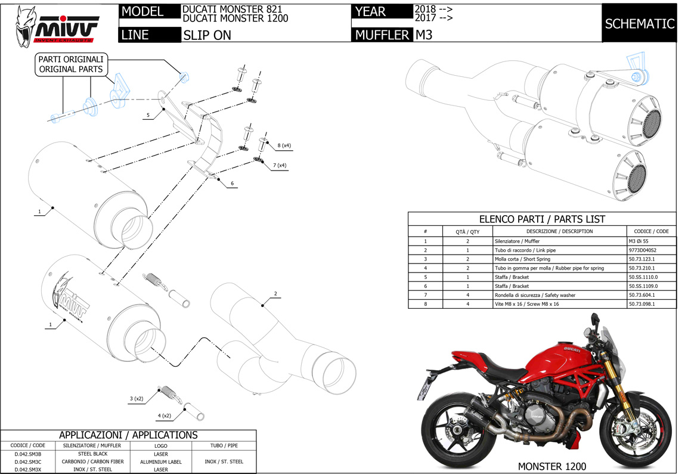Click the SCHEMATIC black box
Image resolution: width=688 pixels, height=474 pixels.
[x=640, y=24]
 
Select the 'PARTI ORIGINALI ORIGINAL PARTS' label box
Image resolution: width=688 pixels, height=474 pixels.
[x=71, y=64]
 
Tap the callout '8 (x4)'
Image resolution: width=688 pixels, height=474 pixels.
[x=283, y=145]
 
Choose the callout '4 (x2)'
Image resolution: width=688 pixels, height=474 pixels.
[x=165, y=415]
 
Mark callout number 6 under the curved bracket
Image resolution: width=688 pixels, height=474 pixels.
[x=232, y=183]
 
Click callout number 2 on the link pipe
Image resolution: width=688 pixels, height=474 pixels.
[x=275, y=293]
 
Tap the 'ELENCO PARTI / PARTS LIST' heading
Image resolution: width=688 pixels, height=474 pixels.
[x=542, y=219]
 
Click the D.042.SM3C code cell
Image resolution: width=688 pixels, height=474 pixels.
[x=28, y=461]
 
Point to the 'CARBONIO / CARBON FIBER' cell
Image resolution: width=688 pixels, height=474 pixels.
[x=92, y=461]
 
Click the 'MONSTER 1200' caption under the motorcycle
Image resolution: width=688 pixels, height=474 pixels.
[x=551, y=466]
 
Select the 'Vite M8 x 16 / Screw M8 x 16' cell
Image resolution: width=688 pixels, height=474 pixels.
[x=527, y=304]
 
